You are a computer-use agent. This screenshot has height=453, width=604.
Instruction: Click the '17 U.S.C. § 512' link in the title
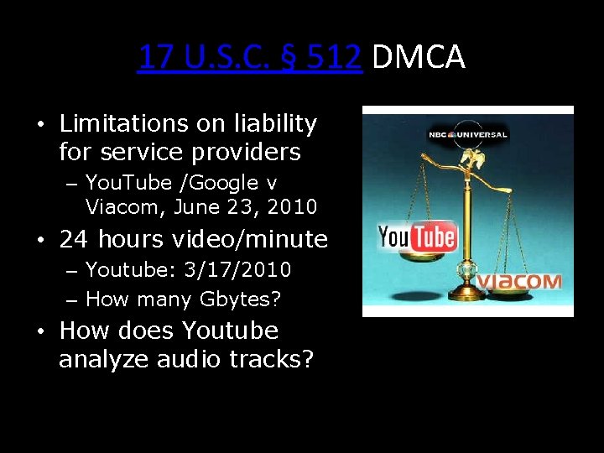(250, 57)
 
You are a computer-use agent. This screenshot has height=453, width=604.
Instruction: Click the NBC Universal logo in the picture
(467, 133)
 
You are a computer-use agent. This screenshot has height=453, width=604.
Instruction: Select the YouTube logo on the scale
(417, 237)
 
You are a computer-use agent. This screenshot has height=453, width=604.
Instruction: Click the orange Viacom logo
(519, 281)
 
